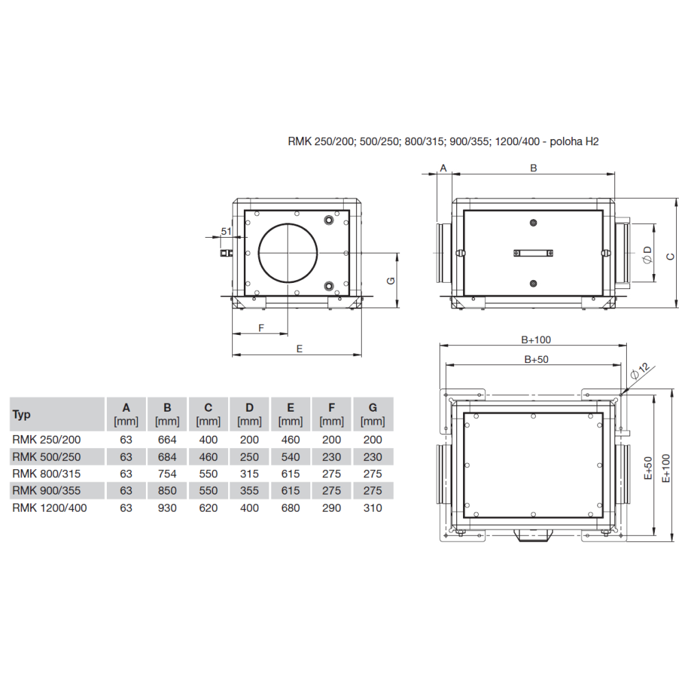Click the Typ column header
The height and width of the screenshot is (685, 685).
21,414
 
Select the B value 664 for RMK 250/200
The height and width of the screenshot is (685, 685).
167,440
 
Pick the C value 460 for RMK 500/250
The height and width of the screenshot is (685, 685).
208,456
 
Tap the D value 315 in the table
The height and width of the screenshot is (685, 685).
249,473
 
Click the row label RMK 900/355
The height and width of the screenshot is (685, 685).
47,490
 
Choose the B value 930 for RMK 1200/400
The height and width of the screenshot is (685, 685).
167,508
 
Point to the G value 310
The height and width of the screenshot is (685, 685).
373,508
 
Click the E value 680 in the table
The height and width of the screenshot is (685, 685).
290,508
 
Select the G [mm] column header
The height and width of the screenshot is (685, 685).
373,414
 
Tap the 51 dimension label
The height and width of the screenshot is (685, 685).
226,231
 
